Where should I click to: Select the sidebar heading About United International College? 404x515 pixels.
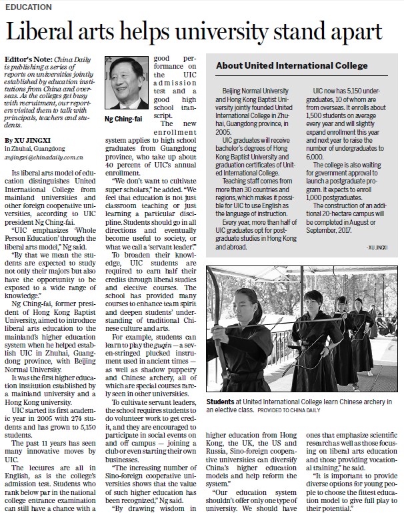click(x=291, y=66)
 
